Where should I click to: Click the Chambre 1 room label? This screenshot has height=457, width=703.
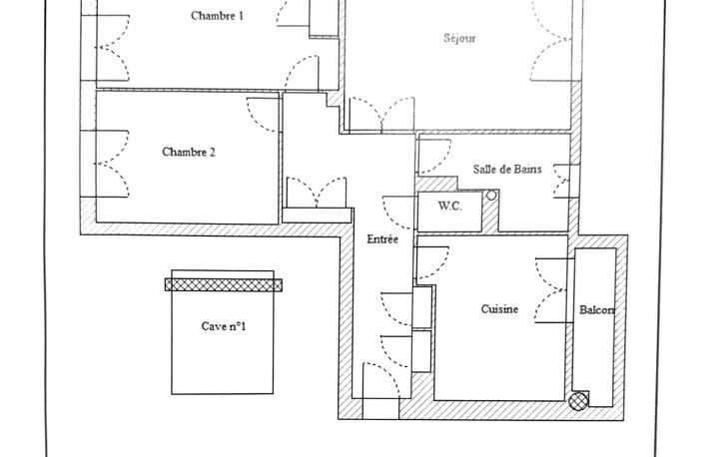(x=217, y=16)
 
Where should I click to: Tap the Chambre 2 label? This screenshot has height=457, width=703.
(x=189, y=152)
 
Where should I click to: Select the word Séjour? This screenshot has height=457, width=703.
(x=459, y=38)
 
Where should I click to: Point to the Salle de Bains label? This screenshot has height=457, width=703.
(x=507, y=169)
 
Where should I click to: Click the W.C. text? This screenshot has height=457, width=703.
(x=449, y=207)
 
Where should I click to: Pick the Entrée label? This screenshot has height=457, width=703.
(x=382, y=239)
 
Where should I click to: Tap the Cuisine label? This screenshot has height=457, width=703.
(x=499, y=309)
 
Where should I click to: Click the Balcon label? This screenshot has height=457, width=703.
(x=596, y=310)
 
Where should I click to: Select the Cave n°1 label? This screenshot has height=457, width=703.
(x=224, y=326)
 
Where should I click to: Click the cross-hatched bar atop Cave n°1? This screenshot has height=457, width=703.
(x=224, y=285)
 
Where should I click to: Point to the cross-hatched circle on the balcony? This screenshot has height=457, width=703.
(x=578, y=401)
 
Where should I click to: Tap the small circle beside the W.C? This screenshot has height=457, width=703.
(x=491, y=196)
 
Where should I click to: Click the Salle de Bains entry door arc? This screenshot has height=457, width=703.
(x=434, y=156)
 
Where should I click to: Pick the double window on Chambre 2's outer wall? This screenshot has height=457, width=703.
(x=112, y=164)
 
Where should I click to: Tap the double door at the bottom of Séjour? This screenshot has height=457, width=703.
(x=381, y=115)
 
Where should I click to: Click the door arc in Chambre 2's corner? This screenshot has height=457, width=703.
(x=264, y=115)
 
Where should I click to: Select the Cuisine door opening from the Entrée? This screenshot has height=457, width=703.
(x=432, y=263)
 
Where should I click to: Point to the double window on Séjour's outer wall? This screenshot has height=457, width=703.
(x=551, y=40)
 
